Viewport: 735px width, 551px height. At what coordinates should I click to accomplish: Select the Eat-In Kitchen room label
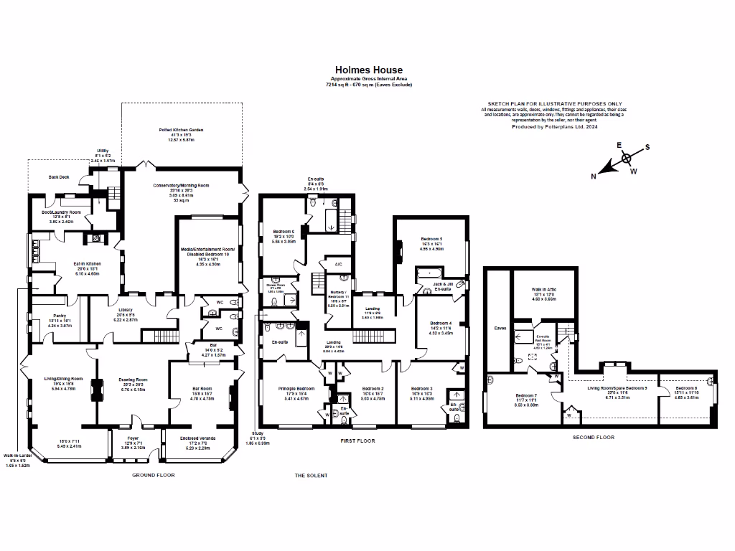click(88, 263)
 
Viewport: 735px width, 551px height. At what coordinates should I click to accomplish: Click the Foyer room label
click(133, 438)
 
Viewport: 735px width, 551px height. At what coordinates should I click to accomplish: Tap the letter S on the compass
click(647, 147)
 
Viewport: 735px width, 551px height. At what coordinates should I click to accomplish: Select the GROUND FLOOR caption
click(153, 475)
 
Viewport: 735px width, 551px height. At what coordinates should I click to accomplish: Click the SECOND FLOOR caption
click(592, 436)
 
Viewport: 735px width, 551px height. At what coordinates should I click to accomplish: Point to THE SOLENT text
click(312, 476)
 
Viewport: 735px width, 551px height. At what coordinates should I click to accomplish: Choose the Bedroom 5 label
click(431, 238)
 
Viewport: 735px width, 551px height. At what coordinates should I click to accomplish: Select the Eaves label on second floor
click(500, 328)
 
